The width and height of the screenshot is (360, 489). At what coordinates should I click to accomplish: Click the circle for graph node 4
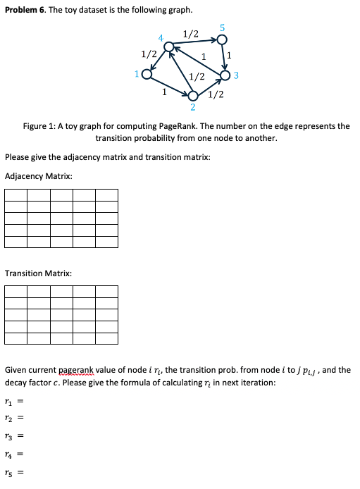168,47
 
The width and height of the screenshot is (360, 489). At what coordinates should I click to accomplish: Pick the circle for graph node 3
225,75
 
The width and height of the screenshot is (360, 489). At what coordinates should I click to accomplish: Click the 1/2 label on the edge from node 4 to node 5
190,34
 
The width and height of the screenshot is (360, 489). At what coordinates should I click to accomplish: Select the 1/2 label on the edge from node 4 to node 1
149,54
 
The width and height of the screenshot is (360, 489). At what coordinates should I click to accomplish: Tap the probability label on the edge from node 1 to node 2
164,91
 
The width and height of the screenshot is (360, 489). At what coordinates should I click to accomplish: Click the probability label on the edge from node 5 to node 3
230,56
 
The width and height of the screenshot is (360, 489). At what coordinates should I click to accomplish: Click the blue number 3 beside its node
237,75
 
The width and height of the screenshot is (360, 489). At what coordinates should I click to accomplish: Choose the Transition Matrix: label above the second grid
38,273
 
